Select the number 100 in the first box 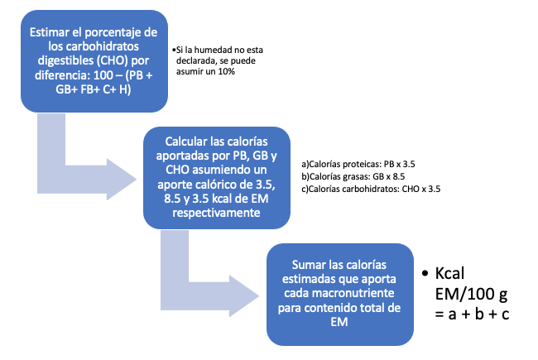coord(103,75)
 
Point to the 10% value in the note coord(226,71)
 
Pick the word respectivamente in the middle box coord(216,213)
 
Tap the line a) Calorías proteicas coord(358,164)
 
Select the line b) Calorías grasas coord(353,176)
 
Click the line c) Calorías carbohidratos coord(371,189)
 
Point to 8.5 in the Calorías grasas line coord(398,176)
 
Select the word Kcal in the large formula coord(449,274)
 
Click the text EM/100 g coord(471,294)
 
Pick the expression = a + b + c coord(472,314)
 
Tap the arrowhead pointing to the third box coord(244,295)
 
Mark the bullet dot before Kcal coord(425,274)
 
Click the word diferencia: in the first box coord(62,75)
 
